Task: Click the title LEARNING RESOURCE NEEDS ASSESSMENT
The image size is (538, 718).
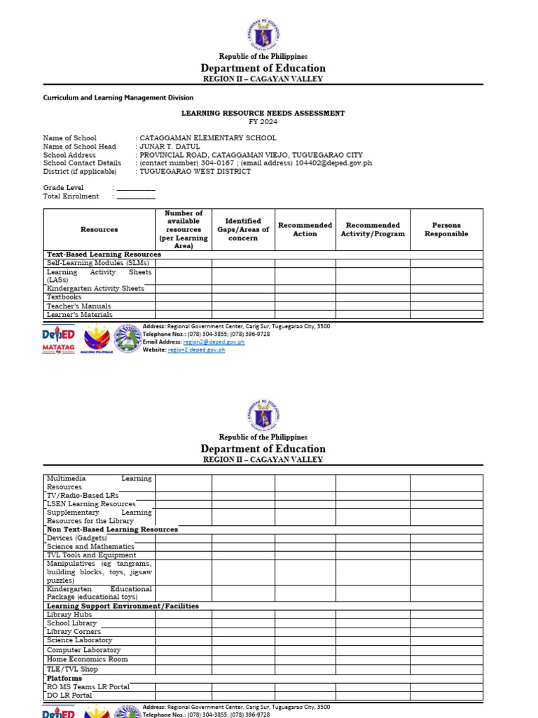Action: [x=263, y=113]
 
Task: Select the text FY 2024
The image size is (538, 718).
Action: [x=263, y=122]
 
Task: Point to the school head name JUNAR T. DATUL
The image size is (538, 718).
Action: [x=170, y=147]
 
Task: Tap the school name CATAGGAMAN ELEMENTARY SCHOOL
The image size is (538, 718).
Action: [x=208, y=138]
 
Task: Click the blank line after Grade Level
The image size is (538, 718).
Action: [x=136, y=189]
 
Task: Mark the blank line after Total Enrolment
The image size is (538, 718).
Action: [x=136, y=197]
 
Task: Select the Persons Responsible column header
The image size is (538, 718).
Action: [x=446, y=229]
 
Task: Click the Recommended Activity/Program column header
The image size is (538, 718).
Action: [x=373, y=229]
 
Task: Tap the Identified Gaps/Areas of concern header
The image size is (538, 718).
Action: [x=243, y=229]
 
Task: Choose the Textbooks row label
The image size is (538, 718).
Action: [x=64, y=297]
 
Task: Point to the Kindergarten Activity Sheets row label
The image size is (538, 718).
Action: [x=95, y=288]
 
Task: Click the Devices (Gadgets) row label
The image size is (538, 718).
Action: [x=77, y=538]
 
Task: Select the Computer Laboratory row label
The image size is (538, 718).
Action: [x=83, y=650]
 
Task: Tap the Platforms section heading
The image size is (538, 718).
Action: [x=64, y=678]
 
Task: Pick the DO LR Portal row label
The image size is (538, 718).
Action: [x=69, y=696]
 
